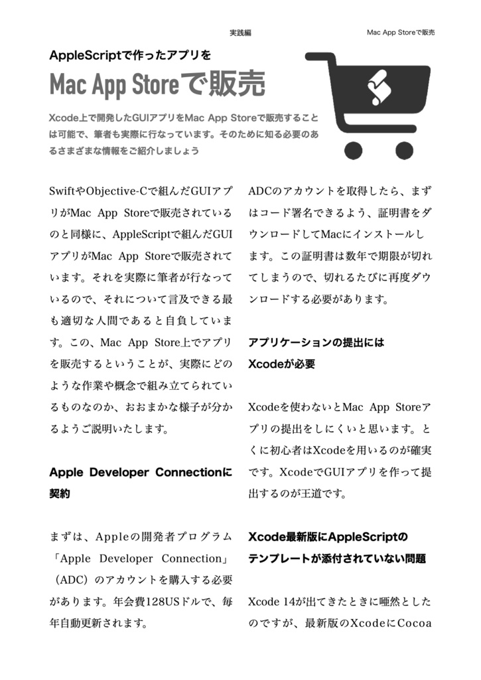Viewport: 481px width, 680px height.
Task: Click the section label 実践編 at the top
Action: click(x=240, y=33)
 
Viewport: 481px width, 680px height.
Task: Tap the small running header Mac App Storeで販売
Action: click(x=400, y=33)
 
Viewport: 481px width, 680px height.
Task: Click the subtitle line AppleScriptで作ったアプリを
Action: click(x=130, y=55)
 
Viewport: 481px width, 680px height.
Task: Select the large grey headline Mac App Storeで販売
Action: click(x=157, y=84)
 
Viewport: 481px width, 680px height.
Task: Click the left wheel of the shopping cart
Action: click(x=354, y=150)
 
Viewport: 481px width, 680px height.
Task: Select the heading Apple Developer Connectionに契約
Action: click(x=141, y=483)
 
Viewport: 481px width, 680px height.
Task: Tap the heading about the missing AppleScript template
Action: click(x=336, y=547)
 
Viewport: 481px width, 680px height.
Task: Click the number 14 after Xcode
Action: click(x=285, y=602)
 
